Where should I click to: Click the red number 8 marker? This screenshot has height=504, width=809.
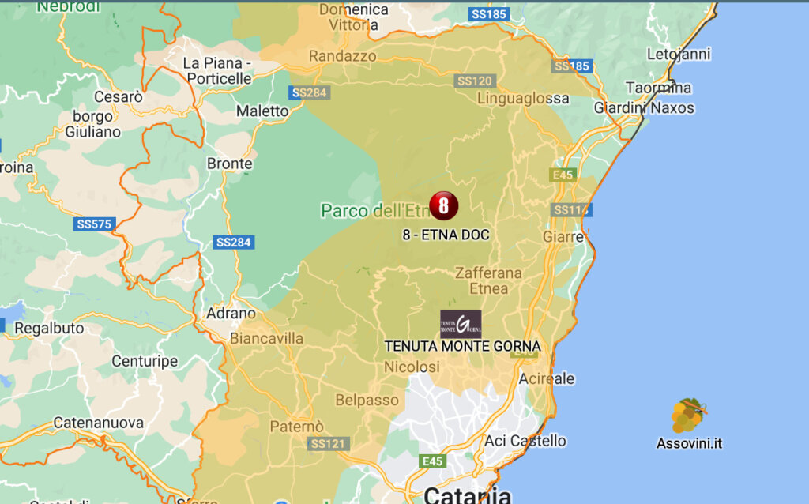click(x=443, y=205)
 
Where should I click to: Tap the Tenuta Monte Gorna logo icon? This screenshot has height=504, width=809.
click(x=461, y=324)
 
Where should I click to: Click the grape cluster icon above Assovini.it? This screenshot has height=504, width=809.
click(x=688, y=416)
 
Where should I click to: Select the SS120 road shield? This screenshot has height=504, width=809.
click(x=475, y=81)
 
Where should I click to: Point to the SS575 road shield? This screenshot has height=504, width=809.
click(x=95, y=224)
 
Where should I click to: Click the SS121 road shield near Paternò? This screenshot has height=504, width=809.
click(x=327, y=443)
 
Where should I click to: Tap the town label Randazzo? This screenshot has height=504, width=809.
click(x=342, y=56)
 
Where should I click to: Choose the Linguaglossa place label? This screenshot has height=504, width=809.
click(x=523, y=99)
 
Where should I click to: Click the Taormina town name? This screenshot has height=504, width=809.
click(x=658, y=88)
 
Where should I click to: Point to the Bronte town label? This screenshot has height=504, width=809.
click(x=229, y=164)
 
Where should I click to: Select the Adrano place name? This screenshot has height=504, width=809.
click(x=231, y=314)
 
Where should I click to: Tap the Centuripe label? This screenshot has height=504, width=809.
click(x=145, y=362)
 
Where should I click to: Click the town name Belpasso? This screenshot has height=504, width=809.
click(x=367, y=400)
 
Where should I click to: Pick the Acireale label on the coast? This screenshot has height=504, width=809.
click(x=547, y=379)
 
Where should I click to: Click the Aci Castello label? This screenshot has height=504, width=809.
click(x=525, y=441)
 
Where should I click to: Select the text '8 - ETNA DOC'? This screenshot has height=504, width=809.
click(x=446, y=235)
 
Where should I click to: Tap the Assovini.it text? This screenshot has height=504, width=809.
click(x=689, y=443)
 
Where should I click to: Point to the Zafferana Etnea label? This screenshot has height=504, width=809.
click(x=488, y=280)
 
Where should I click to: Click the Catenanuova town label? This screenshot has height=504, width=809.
click(x=98, y=423)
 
